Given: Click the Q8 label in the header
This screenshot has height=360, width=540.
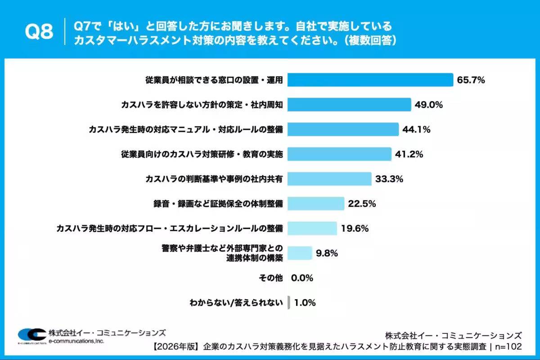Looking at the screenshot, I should tap(39, 31).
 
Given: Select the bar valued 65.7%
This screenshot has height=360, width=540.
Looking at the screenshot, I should tap(370, 80).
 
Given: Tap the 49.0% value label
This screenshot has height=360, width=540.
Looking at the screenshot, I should tap(429, 105).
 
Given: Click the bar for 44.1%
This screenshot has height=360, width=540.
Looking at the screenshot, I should tap(343, 130).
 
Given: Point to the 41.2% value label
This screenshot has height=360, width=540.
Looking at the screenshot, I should tap(409, 154).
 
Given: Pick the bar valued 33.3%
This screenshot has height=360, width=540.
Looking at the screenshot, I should tap(329, 179).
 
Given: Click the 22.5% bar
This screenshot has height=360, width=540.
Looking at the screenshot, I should tap(316, 203).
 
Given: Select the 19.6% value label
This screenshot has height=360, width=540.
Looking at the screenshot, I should tap(355, 228).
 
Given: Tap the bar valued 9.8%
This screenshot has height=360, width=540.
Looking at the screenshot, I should tap(300, 253).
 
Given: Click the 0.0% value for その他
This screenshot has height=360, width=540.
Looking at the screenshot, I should tap(302, 278).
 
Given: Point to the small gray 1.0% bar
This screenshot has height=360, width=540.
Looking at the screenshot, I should tap(289, 302).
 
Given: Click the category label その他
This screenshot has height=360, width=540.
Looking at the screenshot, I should tap(270, 278).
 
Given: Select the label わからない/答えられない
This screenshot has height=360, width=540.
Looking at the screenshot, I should tap(236, 302).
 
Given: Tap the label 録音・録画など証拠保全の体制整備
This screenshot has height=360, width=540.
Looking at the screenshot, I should tap(218, 203).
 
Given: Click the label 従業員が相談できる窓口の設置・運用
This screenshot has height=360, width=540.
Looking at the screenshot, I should tap(214, 80).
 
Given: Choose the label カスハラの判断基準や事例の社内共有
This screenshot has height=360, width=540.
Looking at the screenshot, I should tap(214, 179).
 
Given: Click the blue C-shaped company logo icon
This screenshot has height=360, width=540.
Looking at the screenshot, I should tap(31, 335).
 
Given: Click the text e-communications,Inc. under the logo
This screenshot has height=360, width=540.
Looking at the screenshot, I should tap(76, 342).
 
